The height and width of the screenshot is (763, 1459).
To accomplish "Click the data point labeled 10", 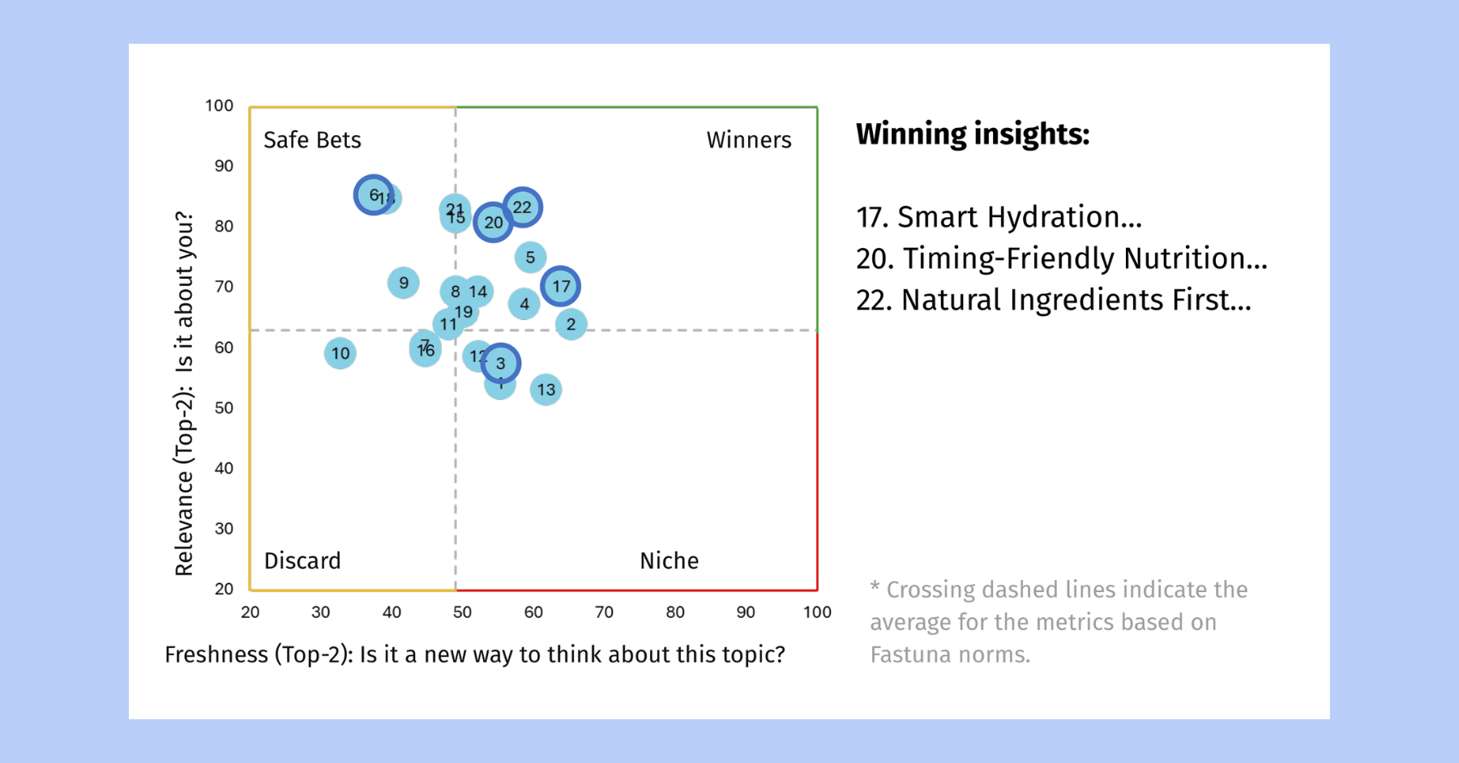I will [340, 353].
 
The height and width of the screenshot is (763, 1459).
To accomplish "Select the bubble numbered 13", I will [546, 390].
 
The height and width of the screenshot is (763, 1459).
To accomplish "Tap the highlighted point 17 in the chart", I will [561, 286].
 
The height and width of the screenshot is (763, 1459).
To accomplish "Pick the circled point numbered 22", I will [523, 207].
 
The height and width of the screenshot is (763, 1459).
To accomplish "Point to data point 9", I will [404, 283].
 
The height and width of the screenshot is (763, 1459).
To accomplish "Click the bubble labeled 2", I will [571, 324].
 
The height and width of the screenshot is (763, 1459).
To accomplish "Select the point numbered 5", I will [530, 258].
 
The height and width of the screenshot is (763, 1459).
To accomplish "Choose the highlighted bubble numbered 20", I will [494, 222].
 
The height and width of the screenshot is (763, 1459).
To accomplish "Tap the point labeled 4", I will [524, 304].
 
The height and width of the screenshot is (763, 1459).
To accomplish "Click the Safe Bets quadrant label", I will [312, 140].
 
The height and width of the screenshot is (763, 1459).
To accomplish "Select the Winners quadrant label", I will [748, 140].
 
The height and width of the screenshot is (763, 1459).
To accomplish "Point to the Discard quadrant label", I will [302, 561].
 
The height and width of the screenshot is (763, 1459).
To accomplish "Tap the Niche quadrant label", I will [669, 561].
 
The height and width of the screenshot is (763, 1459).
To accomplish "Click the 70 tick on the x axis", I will [604, 612].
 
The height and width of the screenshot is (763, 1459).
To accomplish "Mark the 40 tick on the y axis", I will [224, 468].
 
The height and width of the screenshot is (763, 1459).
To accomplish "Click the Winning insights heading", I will [973, 134].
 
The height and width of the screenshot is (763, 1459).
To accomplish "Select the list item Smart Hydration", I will [999, 217].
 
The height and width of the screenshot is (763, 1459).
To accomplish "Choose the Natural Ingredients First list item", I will [1053, 300].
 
